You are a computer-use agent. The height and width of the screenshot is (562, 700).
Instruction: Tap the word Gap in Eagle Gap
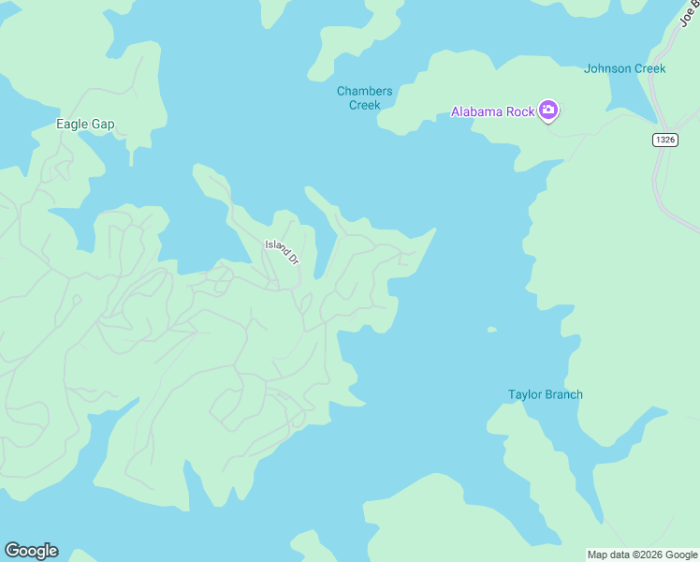(x=102, y=124)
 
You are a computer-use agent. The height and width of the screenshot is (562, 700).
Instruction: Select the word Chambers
(x=364, y=91)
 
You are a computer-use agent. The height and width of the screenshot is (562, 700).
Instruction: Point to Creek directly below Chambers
(x=364, y=105)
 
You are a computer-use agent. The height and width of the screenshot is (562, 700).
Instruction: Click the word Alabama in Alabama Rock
(x=480, y=112)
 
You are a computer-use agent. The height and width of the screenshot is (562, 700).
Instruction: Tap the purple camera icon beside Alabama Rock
(x=548, y=111)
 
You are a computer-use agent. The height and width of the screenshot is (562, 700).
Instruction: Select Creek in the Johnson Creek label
(x=649, y=68)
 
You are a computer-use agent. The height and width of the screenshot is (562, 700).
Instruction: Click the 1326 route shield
(x=664, y=140)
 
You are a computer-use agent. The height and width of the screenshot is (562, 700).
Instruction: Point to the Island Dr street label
(x=282, y=251)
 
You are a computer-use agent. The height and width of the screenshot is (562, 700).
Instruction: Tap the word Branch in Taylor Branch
(x=563, y=394)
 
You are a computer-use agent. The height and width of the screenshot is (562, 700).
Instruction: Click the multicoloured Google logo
(x=31, y=551)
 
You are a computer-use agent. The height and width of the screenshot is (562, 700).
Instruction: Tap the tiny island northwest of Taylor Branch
(x=492, y=330)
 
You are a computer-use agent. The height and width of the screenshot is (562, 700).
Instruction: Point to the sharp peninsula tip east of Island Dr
(x=434, y=229)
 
